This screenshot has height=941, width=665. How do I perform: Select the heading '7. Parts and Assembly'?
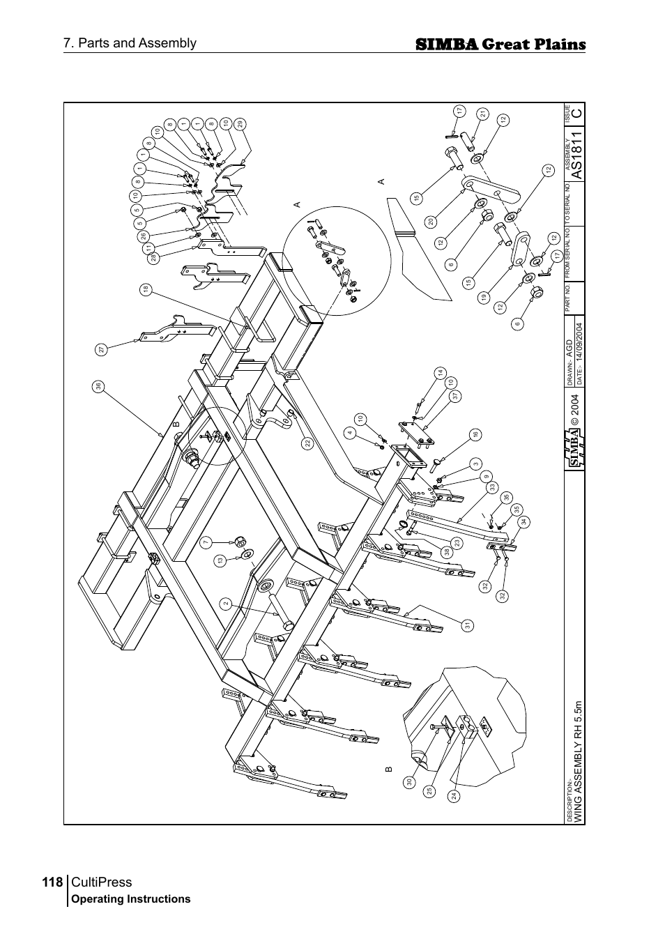coord(130,43)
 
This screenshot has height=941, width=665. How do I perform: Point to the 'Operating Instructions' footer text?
coord(131,899)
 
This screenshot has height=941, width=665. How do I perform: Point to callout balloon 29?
coord(240,123)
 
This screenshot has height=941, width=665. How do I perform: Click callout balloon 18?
coord(145,289)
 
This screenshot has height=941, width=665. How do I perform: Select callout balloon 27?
coord(102,351)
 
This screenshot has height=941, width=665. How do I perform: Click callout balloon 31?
coord(468,625)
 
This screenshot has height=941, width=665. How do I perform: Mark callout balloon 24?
coord(453,795)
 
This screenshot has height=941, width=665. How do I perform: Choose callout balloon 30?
coord(411,783)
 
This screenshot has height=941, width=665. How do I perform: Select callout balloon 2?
coord(225,604)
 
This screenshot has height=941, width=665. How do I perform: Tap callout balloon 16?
coord(475,434)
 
